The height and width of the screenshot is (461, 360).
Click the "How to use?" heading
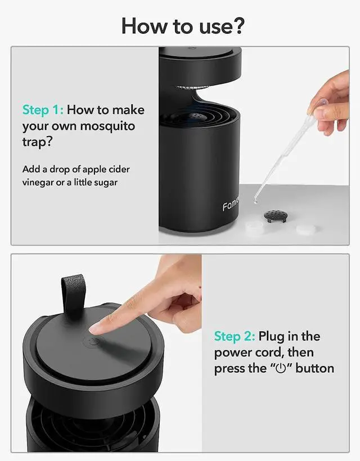183,26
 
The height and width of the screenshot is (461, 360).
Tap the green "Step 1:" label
43,110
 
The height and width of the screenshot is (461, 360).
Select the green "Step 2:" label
235,336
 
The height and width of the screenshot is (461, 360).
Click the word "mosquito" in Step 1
107,126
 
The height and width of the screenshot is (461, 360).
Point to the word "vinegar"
38,183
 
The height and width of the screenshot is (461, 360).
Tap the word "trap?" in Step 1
37,142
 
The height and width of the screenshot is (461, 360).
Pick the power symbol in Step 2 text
281,369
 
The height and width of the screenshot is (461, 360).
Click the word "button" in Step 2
314,368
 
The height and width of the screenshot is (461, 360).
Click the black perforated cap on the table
274,216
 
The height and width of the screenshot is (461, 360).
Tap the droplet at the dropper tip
255,201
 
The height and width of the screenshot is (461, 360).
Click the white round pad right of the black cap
305,229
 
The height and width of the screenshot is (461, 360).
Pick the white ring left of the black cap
255,228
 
